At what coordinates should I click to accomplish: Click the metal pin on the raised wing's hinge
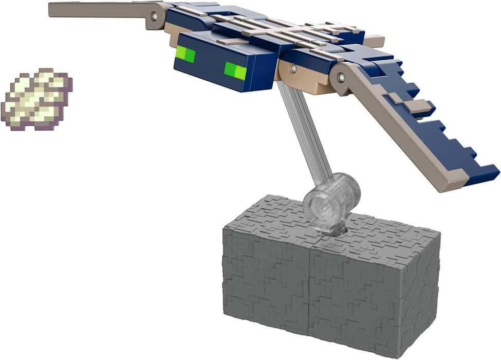tap(155, 17)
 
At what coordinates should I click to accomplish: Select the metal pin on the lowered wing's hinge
tap(340, 78)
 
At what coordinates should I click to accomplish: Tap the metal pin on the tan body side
tap(293, 68)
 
